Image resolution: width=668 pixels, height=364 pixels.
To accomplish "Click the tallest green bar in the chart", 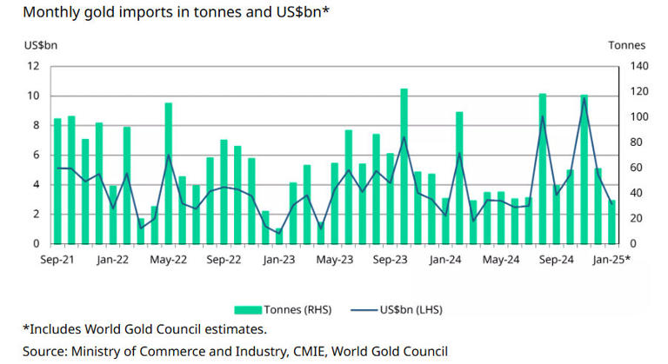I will click(404, 166).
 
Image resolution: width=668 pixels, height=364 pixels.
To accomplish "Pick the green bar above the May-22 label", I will click(168, 173).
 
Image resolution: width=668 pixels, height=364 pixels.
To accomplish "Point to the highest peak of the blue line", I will click(584, 99).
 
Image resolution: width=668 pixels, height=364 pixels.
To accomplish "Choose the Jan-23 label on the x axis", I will click(279, 259).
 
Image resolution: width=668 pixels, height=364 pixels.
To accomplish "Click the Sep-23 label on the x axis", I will click(391, 259).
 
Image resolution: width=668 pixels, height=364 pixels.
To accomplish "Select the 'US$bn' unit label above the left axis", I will click(40, 45).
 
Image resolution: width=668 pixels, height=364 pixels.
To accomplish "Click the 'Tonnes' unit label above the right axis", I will click(626, 45).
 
